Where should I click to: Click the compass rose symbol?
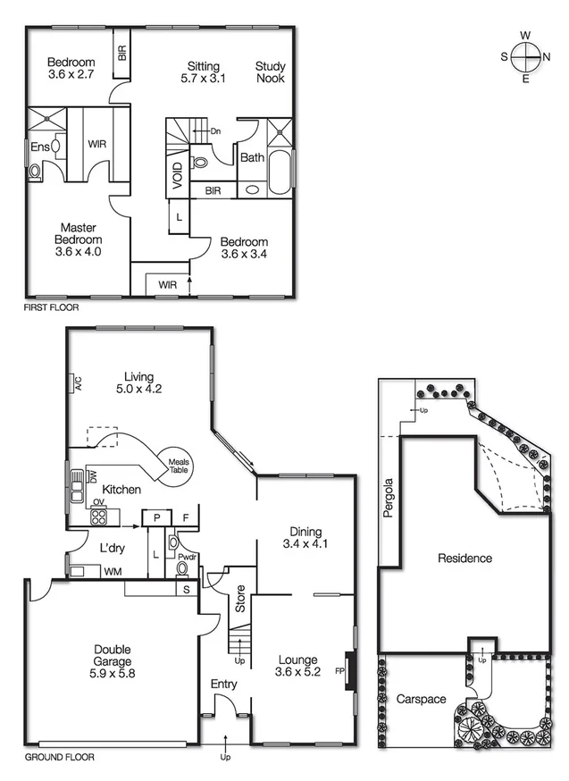[x=525, y=56]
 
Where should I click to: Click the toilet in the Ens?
[x=36, y=170]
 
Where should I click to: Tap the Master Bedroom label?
[x=79, y=239]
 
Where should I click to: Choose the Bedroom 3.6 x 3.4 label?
[x=244, y=248]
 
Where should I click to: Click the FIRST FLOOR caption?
[x=52, y=307]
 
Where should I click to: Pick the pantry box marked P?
[x=156, y=517]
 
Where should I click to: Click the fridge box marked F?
[x=186, y=517]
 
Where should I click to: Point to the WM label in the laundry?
[x=113, y=570]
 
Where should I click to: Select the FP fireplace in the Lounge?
[x=344, y=670]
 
